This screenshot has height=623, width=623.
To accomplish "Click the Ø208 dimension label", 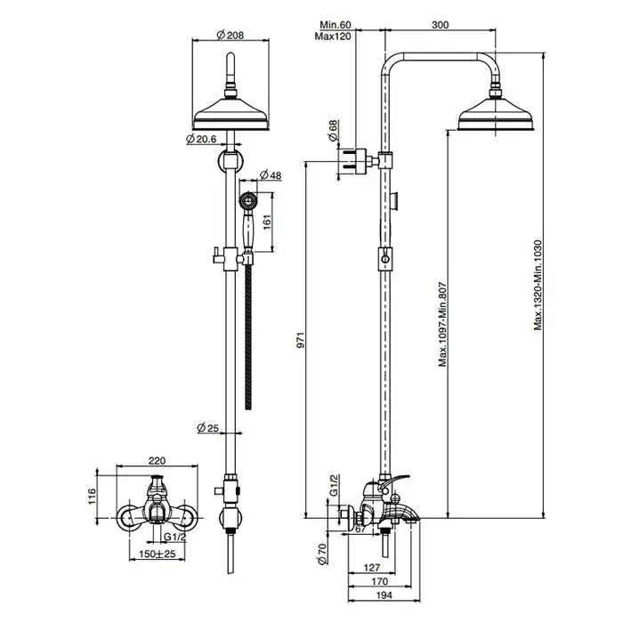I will point(230,36).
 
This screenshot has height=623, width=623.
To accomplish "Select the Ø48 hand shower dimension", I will point(271,175).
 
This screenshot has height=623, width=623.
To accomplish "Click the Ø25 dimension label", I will point(207,429).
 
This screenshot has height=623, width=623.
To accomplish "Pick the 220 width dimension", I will point(158,463).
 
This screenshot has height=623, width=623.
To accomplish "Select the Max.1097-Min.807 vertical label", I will point(441,324).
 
